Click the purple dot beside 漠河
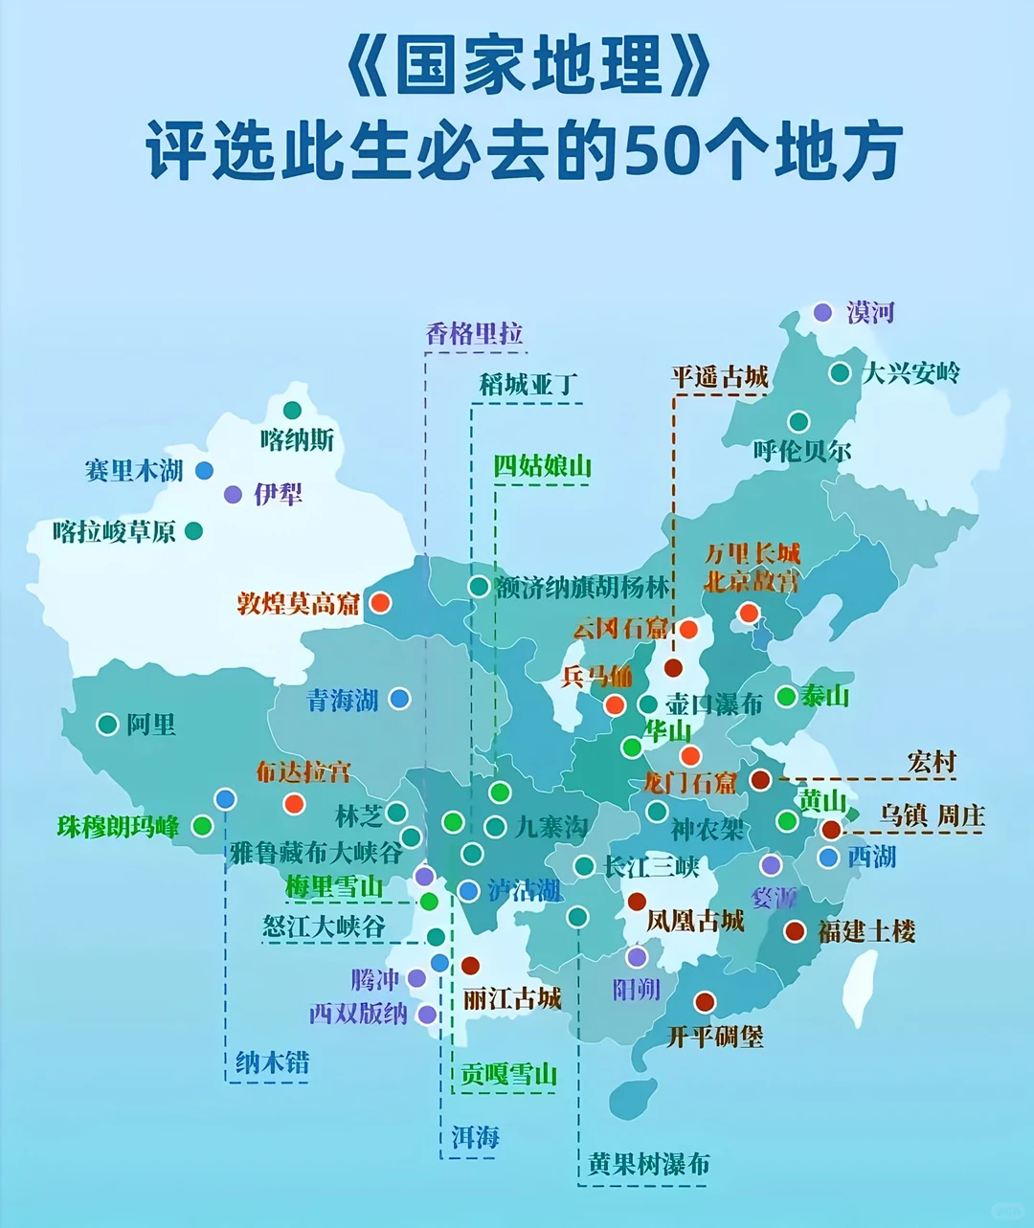click(822, 312)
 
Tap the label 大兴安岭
click(910, 372)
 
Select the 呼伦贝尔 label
click(801, 451)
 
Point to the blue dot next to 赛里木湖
click(204, 470)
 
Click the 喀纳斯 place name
click(297, 440)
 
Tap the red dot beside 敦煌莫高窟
click(380, 603)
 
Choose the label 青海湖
click(343, 701)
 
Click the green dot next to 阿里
click(107, 725)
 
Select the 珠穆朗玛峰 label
click(118, 827)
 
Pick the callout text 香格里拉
click(474, 334)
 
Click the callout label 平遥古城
click(720, 377)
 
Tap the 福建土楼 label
click(866, 931)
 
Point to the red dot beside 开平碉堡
click(705, 1002)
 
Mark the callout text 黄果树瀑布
click(649, 1164)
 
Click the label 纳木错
click(272, 1062)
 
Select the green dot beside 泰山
click(786, 697)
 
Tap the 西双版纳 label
click(358, 1014)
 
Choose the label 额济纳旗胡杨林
click(582, 587)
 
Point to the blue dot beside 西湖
click(829, 858)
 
